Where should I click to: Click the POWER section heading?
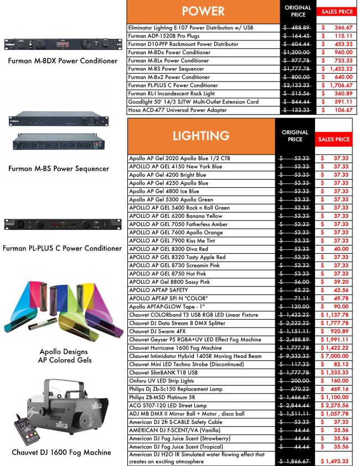pos(203,11)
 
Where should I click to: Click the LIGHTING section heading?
pos(201,136)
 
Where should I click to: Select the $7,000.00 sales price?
pos(335,356)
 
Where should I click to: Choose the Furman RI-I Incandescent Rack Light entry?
pos(169,94)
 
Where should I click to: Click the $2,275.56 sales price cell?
pos(335,406)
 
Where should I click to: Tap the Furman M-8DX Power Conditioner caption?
pos(63,61)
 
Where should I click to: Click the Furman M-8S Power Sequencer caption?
pos(61,168)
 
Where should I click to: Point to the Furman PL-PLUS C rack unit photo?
pos(62,225)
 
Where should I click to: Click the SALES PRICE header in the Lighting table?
pos(335,140)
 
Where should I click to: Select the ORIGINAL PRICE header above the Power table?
pos(298,11)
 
